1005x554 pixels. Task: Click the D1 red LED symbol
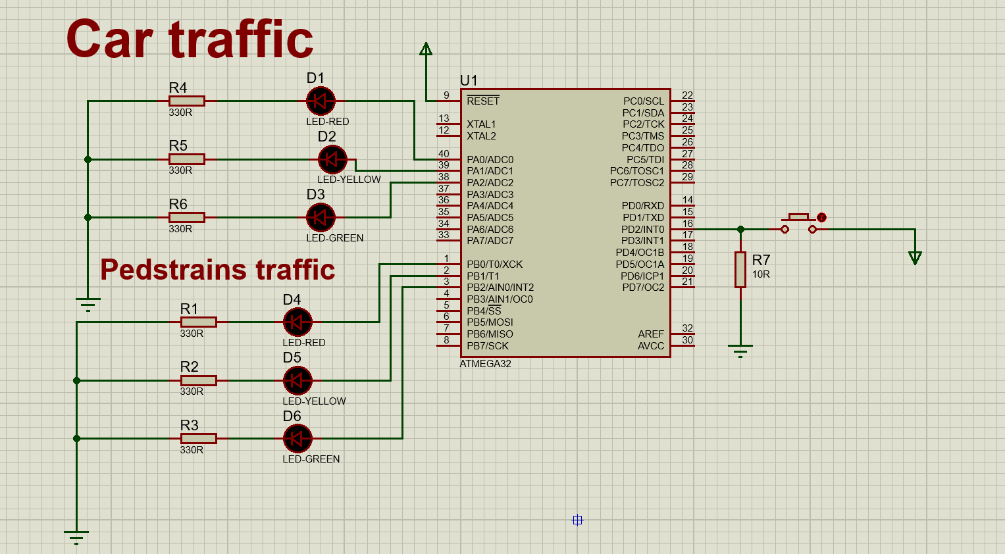[x=321, y=101]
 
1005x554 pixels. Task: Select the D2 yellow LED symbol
[x=332, y=159]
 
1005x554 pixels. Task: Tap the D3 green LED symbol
[x=321, y=217]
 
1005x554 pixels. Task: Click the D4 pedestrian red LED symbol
[x=297, y=322]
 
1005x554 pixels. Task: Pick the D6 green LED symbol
[x=297, y=438]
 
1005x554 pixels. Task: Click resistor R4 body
[x=187, y=101]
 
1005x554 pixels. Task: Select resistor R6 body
[x=187, y=217]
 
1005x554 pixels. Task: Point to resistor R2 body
[x=198, y=380]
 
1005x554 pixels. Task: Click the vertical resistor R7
[x=740, y=270]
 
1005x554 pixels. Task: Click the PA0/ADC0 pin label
[x=490, y=160]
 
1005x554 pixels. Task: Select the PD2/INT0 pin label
[x=642, y=230]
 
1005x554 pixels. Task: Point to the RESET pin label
[x=483, y=101]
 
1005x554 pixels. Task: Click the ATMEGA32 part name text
[x=485, y=364]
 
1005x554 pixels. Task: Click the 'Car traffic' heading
[x=190, y=39]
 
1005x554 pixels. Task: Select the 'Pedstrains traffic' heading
[x=217, y=270]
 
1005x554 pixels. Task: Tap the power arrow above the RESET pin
[x=426, y=49]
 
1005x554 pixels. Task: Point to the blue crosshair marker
[x=577, y=520]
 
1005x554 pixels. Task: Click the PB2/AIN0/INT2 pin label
[x=500, y=288]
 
